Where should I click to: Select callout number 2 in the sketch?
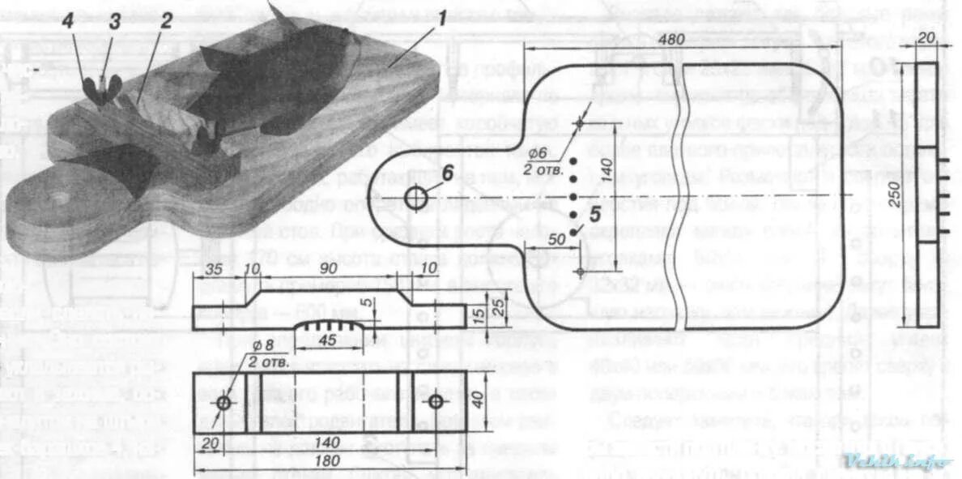point(165,22)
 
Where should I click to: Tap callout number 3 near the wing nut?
point(114,22)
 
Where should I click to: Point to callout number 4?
point(68,22)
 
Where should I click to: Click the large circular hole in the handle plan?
point(416,197)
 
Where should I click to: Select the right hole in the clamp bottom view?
point(436,401)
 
